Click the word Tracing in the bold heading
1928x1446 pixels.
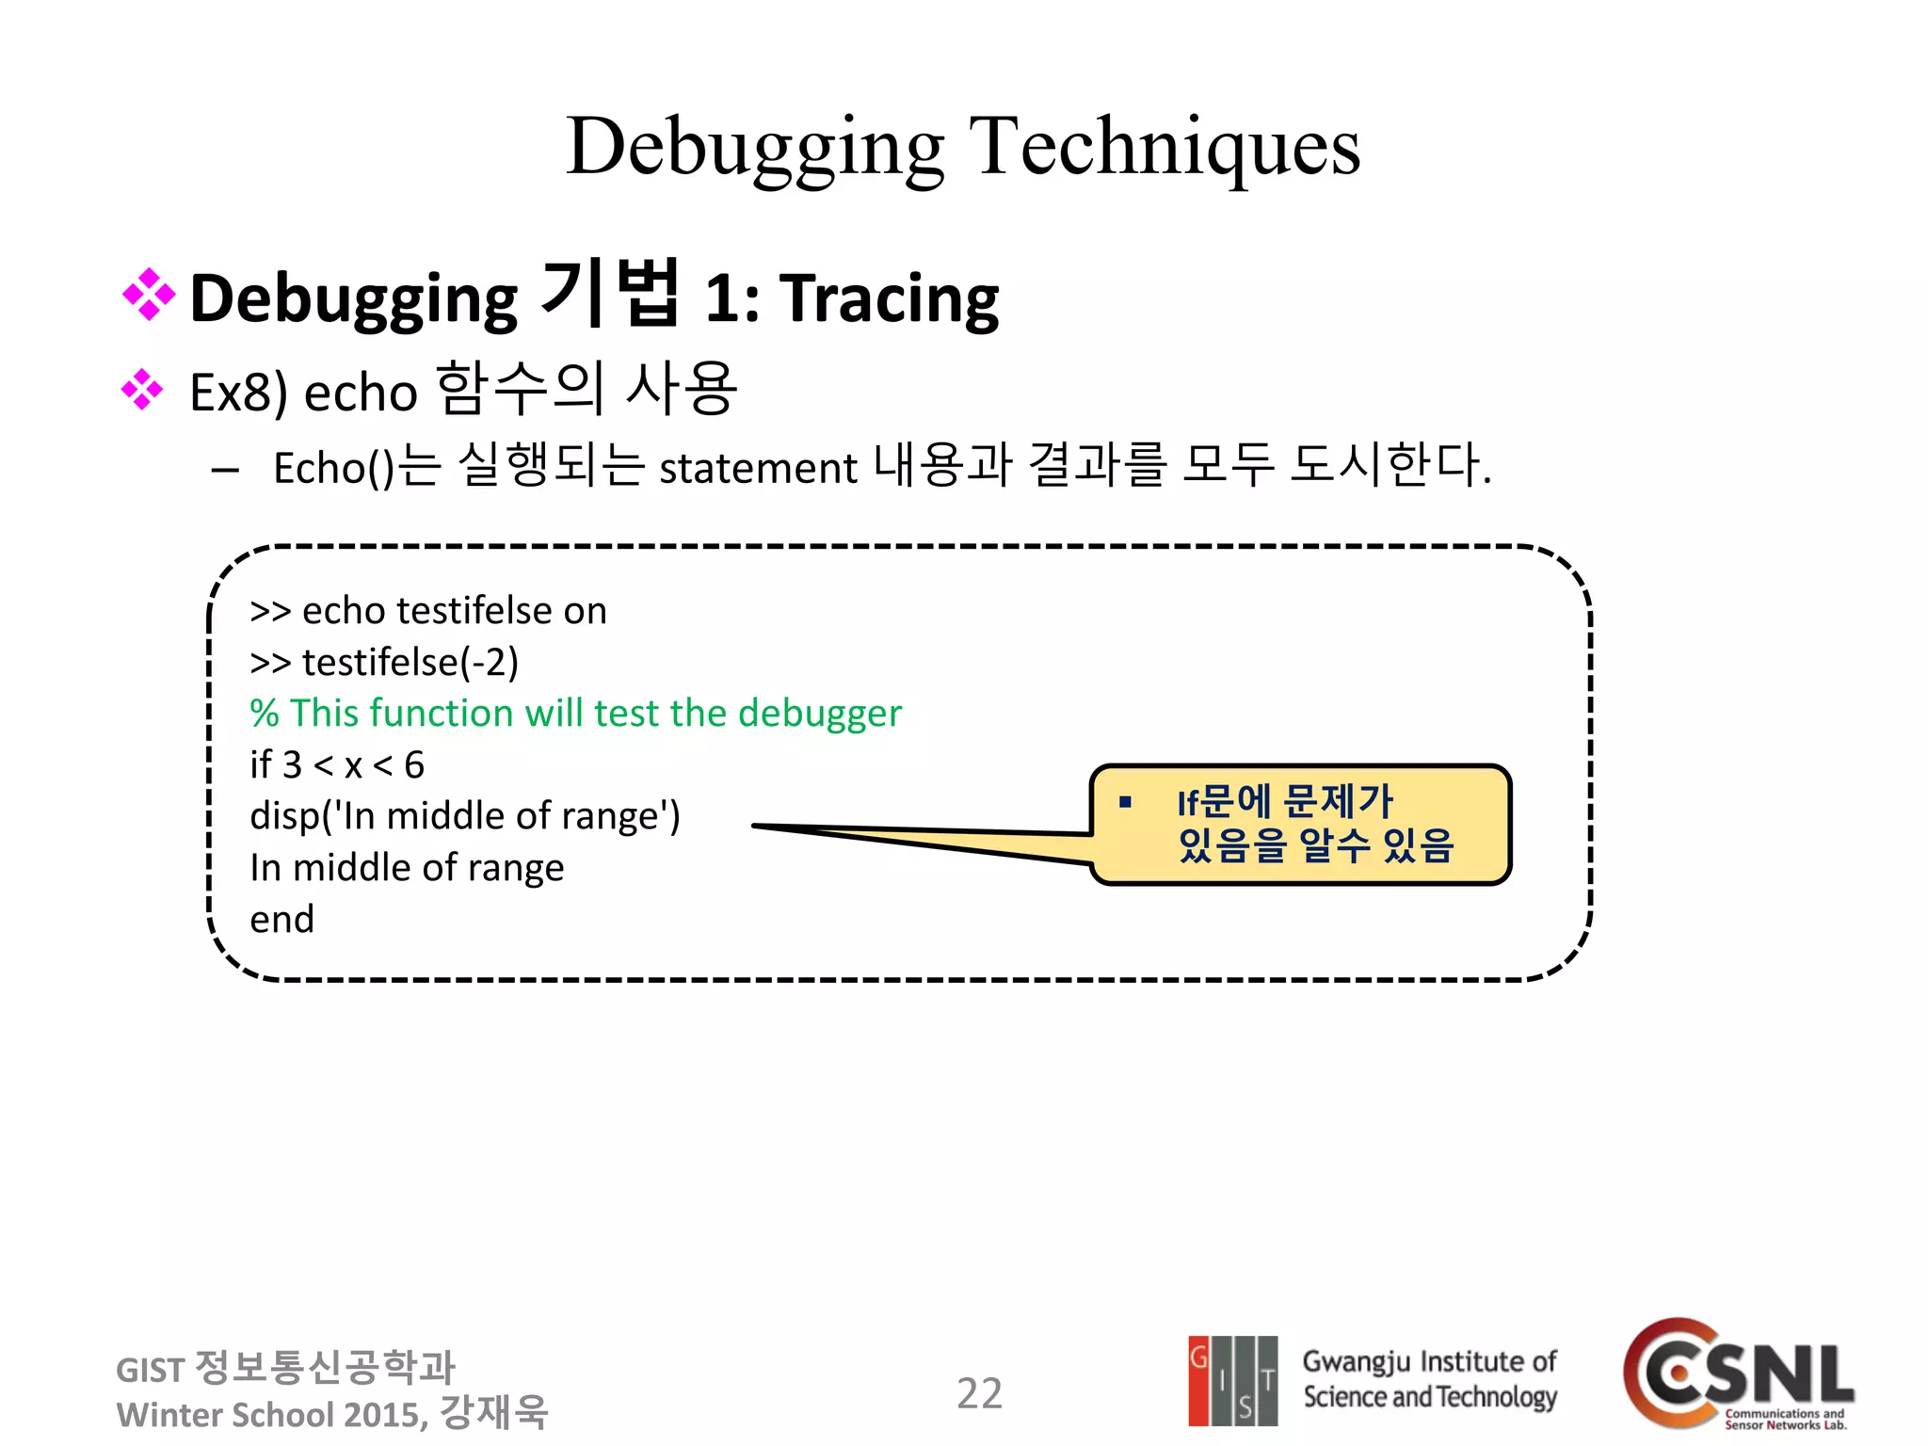[890, 299]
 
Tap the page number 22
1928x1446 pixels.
[979, 1393]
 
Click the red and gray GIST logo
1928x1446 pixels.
[1232, 1380]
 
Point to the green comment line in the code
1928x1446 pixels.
[575, 714]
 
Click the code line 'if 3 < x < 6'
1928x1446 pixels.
[337, 765]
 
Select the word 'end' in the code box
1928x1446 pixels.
[281, 920]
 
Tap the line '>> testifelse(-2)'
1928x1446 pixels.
[384, 663]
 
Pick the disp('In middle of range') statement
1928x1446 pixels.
[464, 816]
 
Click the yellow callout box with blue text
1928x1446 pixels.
[1299, 825]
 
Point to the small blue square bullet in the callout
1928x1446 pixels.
[1124, 802]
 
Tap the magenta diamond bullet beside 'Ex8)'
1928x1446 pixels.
[142, 390]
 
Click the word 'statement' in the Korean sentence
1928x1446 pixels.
[758, 468]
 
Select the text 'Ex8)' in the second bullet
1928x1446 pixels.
[238, 393]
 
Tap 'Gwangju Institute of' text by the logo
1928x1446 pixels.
[1429, 1362]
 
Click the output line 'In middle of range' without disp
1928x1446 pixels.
[407, 868]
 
